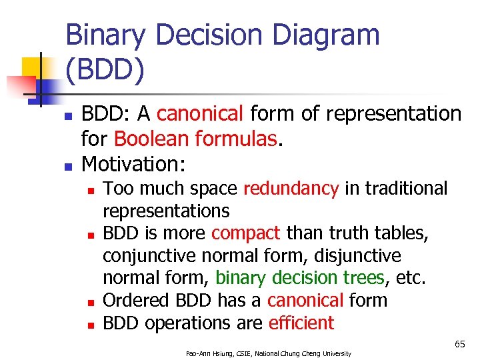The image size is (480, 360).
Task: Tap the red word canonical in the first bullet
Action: click(x=200, y=114)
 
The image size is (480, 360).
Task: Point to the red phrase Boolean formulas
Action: click(x=194, y=139)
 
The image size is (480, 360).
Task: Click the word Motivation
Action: click(x=133, y=163)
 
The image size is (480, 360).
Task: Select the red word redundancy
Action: click(x=291, y=189)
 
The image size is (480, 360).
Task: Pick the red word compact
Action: click(x=246, y=233)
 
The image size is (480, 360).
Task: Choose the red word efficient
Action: click(x=301, y=323)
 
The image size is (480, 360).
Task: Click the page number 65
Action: click(x=459, y=344)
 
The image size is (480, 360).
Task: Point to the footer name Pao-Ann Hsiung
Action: click(x=209, y=353)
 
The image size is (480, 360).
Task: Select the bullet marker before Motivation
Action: click(x=67, y=165)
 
